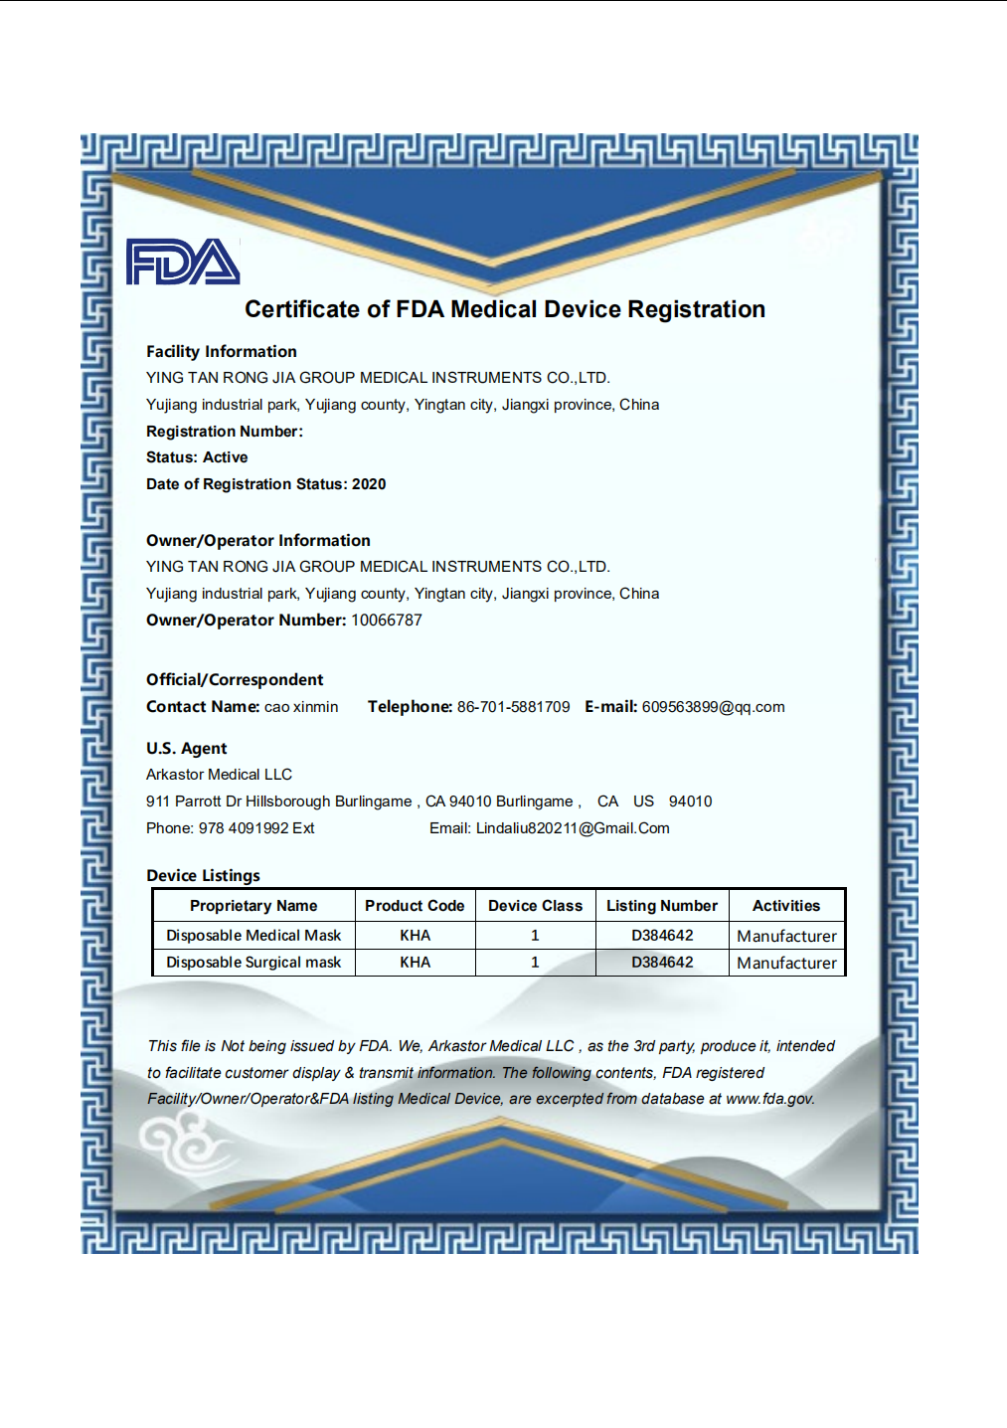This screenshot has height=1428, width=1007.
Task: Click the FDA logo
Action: point(183,263)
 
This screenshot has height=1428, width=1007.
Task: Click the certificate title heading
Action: point(505,309)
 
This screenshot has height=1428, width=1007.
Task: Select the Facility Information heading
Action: point(221,351)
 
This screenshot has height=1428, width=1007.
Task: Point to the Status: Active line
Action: point(197,457)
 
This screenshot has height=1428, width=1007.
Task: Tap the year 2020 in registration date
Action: point(369,484)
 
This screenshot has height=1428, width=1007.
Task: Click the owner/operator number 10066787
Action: point(387,620)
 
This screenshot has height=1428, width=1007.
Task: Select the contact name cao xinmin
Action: point(301,707)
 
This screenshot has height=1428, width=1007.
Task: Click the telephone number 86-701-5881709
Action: point(513,707)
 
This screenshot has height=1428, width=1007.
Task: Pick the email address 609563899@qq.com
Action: point(713,707)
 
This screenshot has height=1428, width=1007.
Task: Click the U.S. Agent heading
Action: point(187,748)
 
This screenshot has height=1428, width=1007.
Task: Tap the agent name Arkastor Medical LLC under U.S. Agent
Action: point(219,774)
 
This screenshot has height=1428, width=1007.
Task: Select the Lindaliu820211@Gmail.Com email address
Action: point(573,828)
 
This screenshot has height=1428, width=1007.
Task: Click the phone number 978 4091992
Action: point(244,828)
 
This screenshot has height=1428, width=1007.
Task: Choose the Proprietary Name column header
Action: point(253,906)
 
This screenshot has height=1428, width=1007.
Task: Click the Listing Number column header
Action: point(662,906)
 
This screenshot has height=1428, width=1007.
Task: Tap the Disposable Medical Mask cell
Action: point(253,936)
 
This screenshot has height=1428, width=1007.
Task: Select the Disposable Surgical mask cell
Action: point(253,963)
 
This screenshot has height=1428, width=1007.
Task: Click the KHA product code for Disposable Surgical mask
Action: point(416,963)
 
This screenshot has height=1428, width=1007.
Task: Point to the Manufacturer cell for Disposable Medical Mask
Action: point(786,936)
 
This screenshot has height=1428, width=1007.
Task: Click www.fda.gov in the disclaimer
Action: point(769,1099)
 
